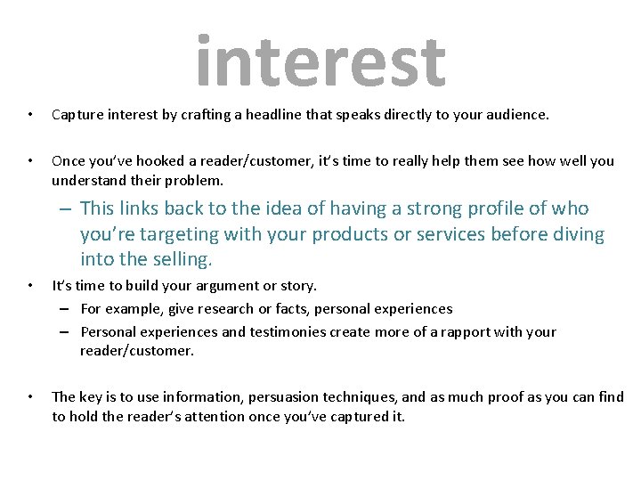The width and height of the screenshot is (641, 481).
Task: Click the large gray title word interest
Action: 320,62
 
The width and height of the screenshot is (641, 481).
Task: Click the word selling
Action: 180,260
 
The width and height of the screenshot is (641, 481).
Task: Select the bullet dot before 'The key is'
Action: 30,397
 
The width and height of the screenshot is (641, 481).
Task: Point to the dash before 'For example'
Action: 66,309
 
